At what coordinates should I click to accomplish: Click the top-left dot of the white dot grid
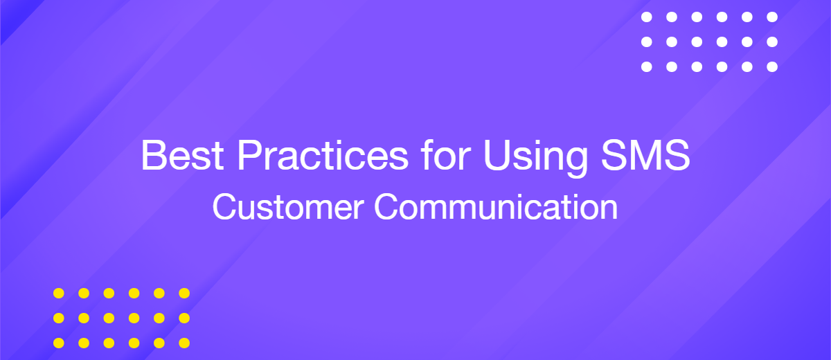pos(647,17)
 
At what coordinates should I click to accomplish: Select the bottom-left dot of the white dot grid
pos(647,67)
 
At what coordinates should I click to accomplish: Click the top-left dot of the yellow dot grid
pos(59,294)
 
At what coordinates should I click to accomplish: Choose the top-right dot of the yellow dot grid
pos(184,294)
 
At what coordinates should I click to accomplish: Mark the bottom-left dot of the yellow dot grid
pos(59,343)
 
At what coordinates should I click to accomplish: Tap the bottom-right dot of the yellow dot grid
pos(184,343)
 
